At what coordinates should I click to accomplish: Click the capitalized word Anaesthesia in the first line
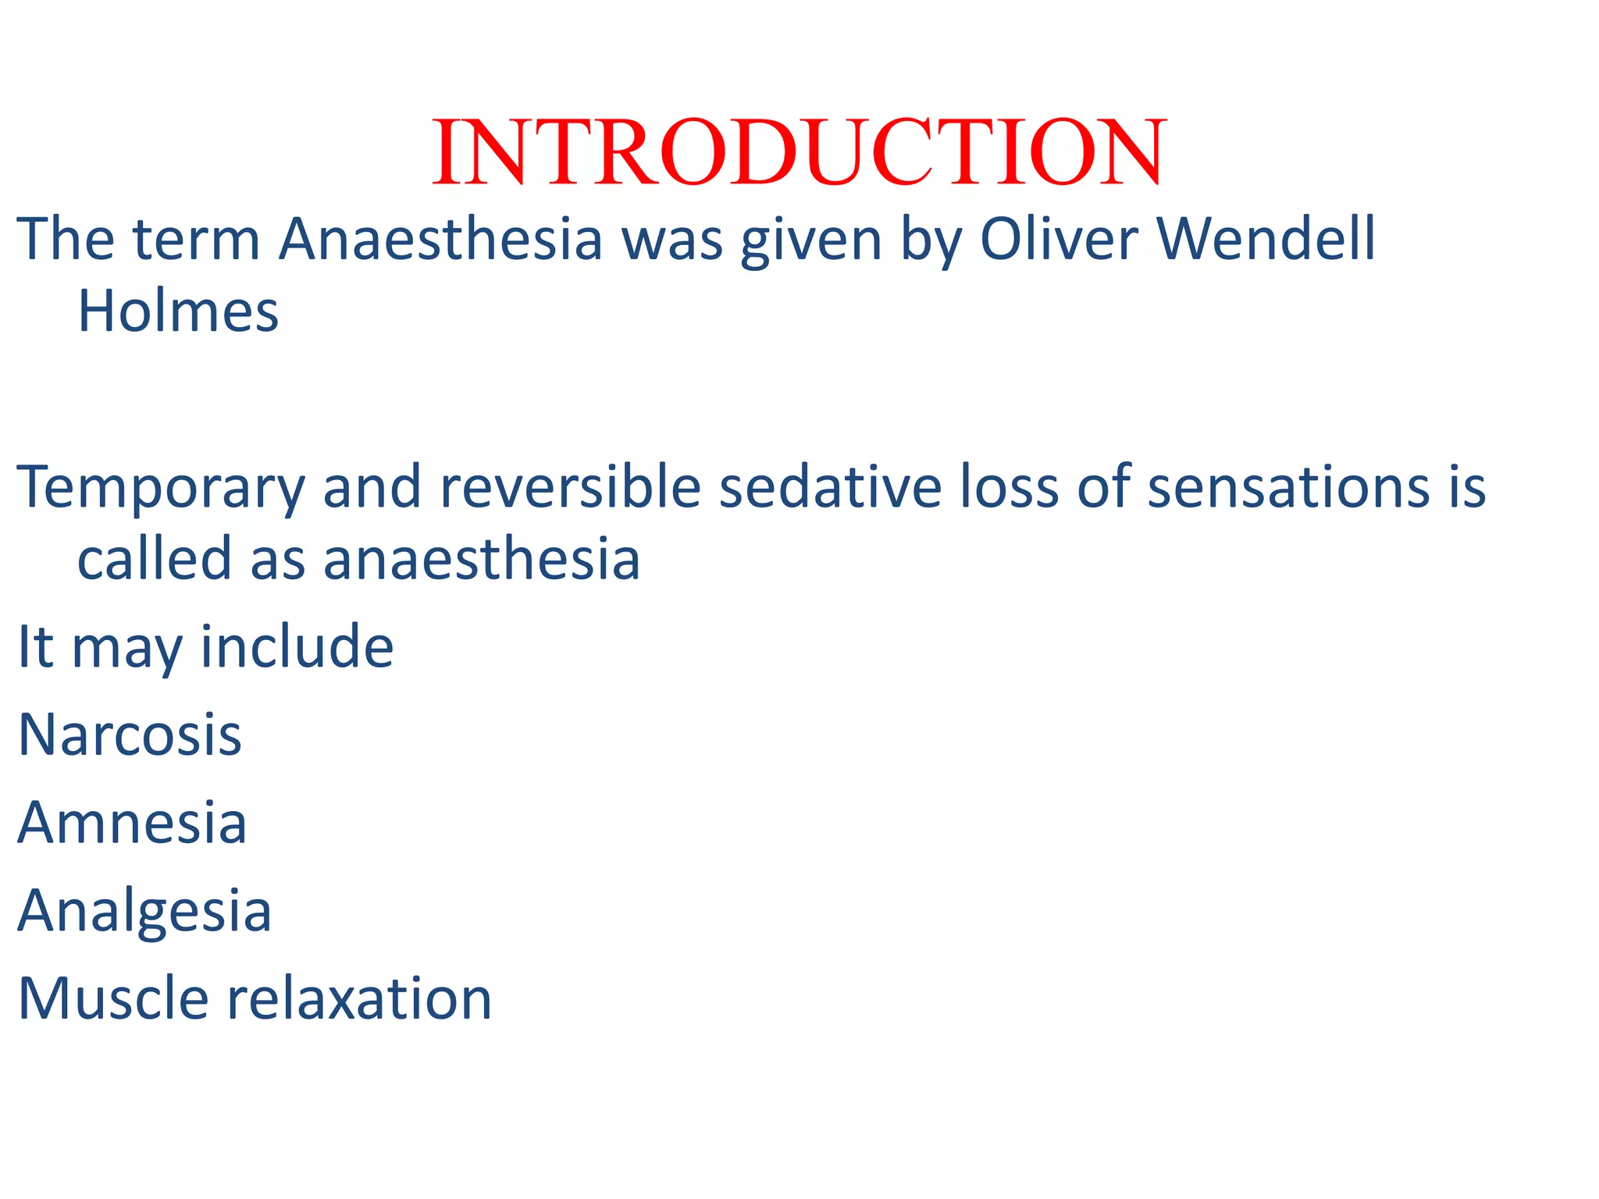click(x=441, y=239)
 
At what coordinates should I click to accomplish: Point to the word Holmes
click(x=178, y=311)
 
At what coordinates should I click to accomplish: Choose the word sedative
click(x=830, y=487)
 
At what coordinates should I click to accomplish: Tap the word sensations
click(x=1288, y=487)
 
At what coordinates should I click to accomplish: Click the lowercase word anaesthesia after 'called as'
click(x=482, y=560)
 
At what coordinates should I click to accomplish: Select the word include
click(x=297, y=647)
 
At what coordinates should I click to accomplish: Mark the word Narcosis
click(x=130, y=735)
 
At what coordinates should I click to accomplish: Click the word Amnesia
click(x=132, y=823)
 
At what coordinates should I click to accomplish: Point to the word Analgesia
click(x=144, y=912)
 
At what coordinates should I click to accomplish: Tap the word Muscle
click(x=113, y=998)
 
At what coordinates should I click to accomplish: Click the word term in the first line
click(x=196, y=240)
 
